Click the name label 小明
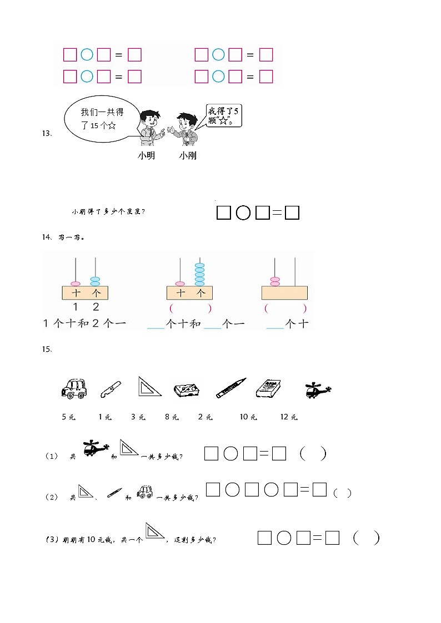(146, 156)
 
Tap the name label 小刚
(188, 156)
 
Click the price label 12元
(289, 417)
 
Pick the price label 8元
(172, 417)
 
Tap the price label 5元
(68, 417)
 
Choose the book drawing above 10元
(268, 388)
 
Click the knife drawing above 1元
(109, 390)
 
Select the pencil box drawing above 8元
(187, 390)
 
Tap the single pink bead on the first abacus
(76, 283)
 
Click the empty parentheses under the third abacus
(285, 308)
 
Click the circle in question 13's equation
(243, 213)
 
